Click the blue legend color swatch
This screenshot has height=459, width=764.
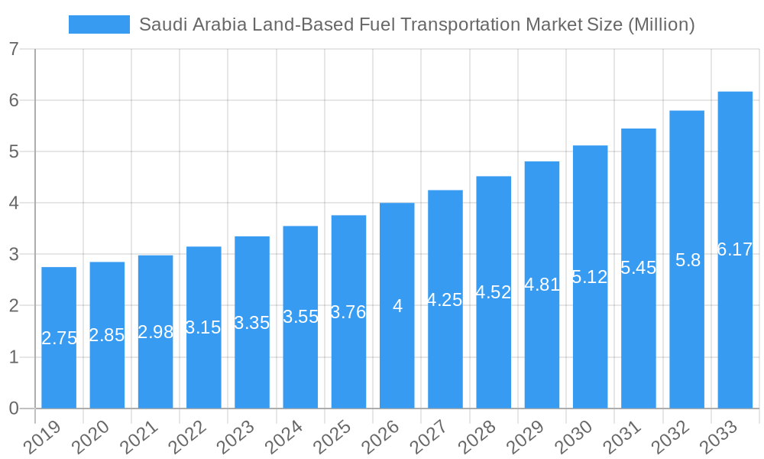click(99, 24)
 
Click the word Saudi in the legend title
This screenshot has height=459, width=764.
click(160, 24)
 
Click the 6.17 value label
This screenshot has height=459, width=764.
click(735, 249)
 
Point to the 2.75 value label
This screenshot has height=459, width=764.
click(59, 338)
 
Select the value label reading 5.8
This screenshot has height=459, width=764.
click(688, 260)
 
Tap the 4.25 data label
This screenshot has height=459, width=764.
click(445, 300)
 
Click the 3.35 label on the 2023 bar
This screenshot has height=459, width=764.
click(252, 323)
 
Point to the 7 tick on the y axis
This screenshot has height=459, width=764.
click(14, 49)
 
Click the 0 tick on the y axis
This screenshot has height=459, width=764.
click(14, 409)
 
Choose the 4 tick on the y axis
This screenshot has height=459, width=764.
click(14, 203)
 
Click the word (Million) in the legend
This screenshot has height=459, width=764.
click(660, 24)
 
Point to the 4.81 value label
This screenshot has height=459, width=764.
click(542, 285)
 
